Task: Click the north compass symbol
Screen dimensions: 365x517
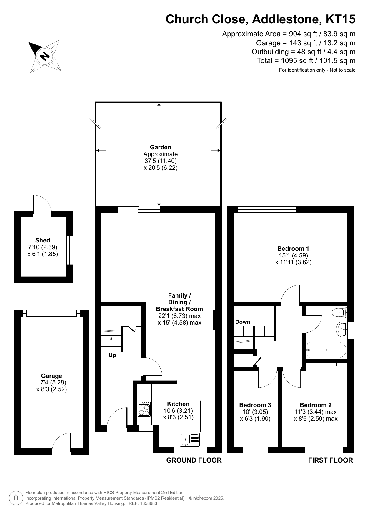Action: (x=45, y=56)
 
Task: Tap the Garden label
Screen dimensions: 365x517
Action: (x=161, y=147)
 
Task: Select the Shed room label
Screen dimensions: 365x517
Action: (x=43, y=240)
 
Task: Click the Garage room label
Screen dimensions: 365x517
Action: (x=51, y=376)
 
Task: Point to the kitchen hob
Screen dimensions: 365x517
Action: (x=144, y=409)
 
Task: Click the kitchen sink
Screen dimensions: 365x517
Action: (x=189, y=439)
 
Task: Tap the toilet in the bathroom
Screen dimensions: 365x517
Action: (x=339, y=312)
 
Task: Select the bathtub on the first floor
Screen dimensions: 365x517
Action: (x=326, y=350)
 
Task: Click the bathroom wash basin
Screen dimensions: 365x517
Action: (x=341, y=329)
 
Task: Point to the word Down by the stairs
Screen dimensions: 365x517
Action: (x=243, y=322)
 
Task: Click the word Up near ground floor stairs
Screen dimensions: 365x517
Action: (x=112, y=356)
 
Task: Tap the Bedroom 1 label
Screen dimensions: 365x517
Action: (x=293, y=249)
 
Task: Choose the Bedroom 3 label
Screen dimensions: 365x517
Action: (x=255, y=405)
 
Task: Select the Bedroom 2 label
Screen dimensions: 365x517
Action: (x=316, y=405)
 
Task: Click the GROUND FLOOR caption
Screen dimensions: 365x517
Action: (x=194, y=460)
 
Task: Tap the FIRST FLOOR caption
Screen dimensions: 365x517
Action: (x=330, y=460)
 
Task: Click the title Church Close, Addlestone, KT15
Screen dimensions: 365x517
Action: (x=261, y=19)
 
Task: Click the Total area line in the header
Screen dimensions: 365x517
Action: (x=306, y=61)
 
